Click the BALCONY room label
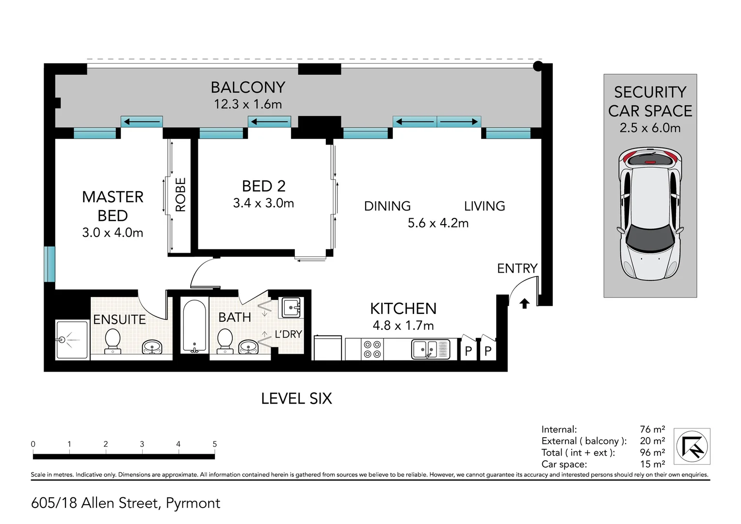[248, 87]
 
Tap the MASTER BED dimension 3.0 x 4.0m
[113, 233]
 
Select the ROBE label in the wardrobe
[180, 195]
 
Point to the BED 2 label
[263, 186]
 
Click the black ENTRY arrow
[524, 303]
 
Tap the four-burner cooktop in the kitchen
[372, 349]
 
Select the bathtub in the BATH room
[194, 326]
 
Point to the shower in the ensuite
[72, 340]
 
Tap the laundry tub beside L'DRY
[291, 308]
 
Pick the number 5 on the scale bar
[215, 444]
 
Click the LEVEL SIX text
[296, 399]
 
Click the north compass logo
[693, 446]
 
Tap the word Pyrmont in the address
[193, 503]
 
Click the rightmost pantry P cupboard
[488, 350]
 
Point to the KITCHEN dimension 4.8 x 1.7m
[403, 326]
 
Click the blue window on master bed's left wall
[49, 264]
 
